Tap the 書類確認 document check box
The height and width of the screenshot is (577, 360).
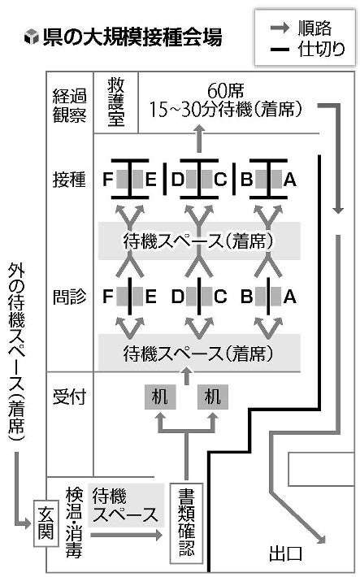[186, 523]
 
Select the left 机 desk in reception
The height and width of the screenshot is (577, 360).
[160, 397]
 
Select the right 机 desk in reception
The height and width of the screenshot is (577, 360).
[212, 397]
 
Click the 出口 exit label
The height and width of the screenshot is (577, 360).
[285, 553]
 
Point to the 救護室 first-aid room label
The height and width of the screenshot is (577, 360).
[116, 102]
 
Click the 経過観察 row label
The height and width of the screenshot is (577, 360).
[70, 106]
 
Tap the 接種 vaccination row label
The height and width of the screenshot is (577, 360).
[69, 180]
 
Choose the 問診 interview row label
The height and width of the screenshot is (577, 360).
[69, 297]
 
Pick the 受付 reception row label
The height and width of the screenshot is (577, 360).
[69, 397]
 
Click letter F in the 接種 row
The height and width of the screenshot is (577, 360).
[107, 180]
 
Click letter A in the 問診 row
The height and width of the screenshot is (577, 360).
[289, 297]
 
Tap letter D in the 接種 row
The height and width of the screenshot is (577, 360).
[177, 180]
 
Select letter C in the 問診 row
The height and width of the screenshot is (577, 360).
[220, 297]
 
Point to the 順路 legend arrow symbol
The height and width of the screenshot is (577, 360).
[280, 28]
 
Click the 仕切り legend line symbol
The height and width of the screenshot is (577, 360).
[280, 49]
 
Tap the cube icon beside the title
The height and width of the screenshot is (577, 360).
[32, 37]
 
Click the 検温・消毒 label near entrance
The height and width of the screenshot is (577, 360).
[74, 523]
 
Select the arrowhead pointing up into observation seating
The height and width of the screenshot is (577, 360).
[199, 129]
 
